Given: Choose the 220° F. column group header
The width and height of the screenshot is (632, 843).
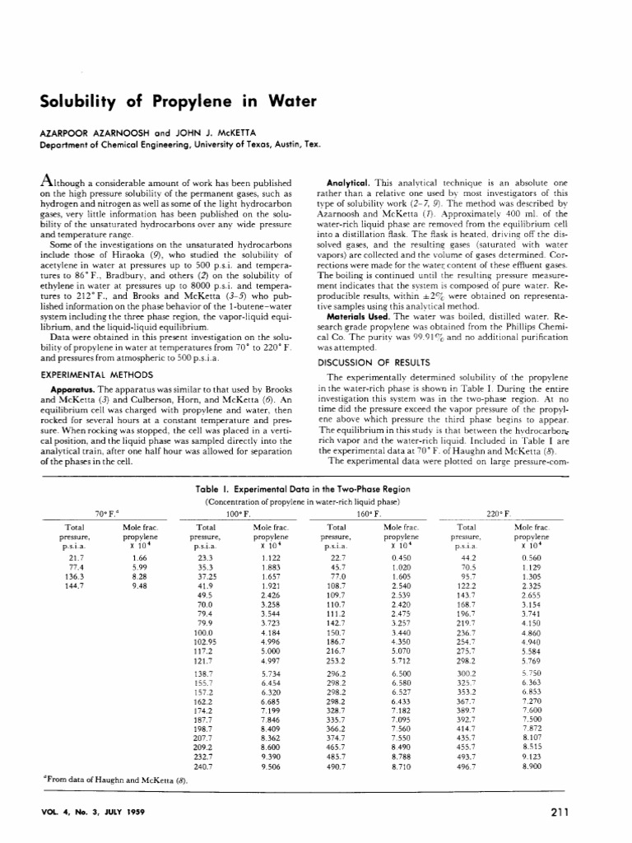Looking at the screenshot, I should click(499, 512).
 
